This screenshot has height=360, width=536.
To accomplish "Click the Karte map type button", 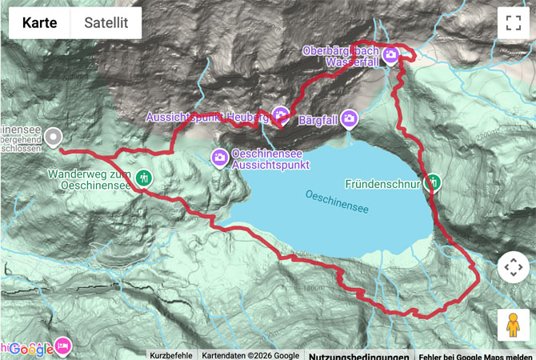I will click(40, 23).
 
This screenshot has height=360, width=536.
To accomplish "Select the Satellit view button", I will click(106, 23).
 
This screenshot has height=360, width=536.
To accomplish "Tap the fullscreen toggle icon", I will click(513, 22).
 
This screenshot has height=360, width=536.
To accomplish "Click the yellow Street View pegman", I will click(513, 325).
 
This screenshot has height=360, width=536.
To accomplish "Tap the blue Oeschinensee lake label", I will click(337, 201).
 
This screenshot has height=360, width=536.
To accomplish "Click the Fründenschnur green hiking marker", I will click(433, 182).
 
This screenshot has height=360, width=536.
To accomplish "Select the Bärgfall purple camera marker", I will click(349, 119).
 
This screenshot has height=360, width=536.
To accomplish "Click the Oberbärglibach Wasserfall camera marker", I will click(390, 55).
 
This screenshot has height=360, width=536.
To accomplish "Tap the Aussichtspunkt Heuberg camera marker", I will click(280, 114).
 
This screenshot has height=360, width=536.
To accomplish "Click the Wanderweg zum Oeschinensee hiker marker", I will click(144, 178).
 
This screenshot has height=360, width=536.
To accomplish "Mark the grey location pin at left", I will click(53, 138).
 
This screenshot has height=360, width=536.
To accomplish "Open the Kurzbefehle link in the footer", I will click(171, 355).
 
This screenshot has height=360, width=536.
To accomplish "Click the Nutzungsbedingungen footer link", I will click(358, 355).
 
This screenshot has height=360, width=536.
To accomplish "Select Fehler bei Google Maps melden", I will click(475, 355).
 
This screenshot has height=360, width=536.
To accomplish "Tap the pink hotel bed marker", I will click(62, 346).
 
